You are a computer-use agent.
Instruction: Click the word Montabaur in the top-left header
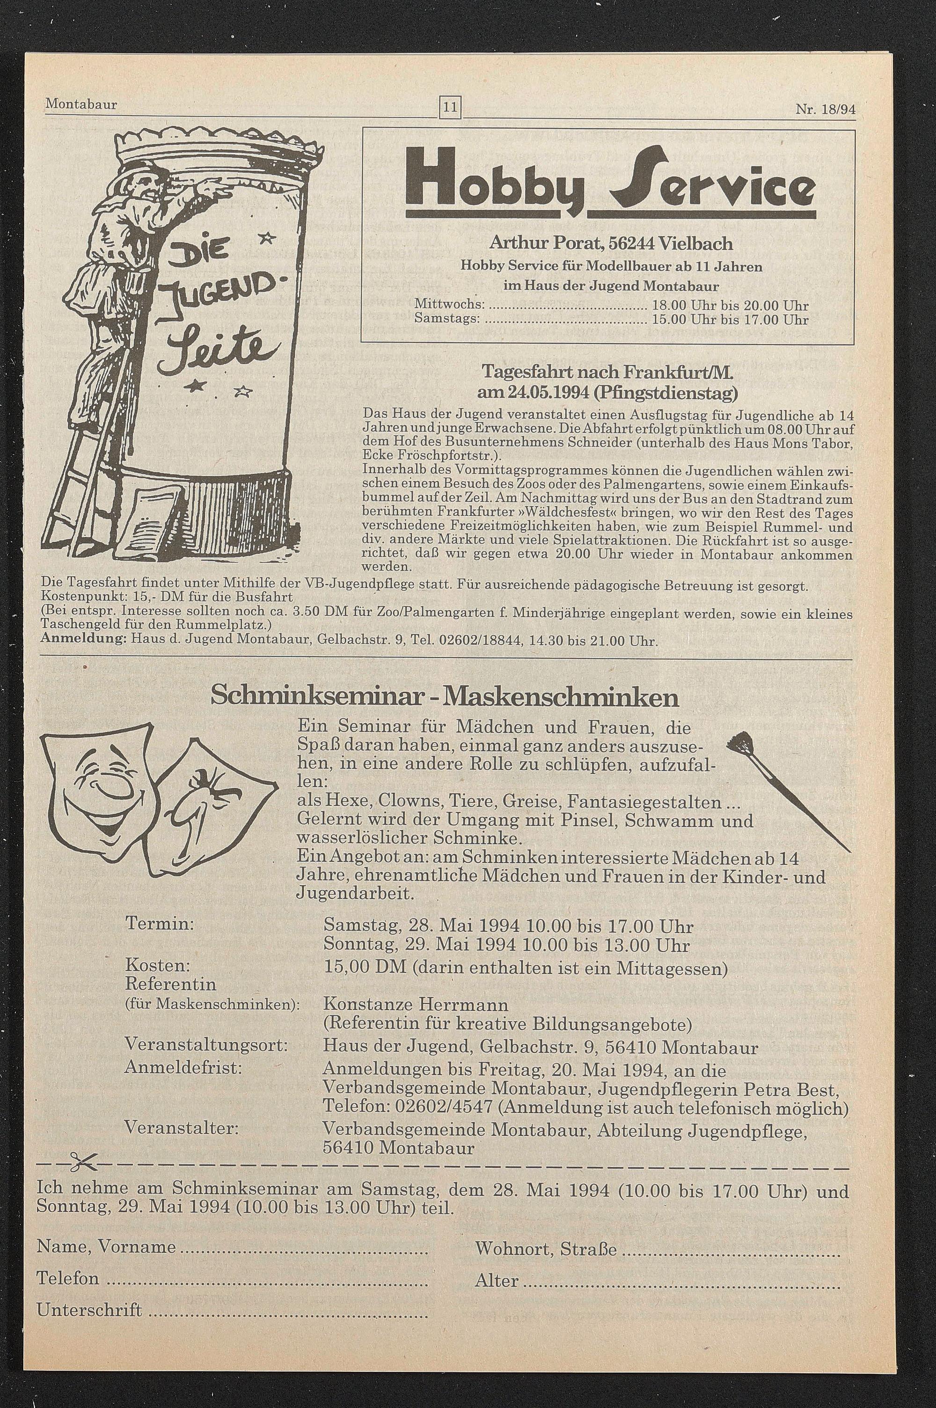(x=81, y=104)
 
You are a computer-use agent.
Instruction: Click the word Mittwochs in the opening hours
(x=449, y=306)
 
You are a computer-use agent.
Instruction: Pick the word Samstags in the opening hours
(x=447, y=319)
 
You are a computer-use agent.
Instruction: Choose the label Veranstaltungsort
(x=206, y=1046)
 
